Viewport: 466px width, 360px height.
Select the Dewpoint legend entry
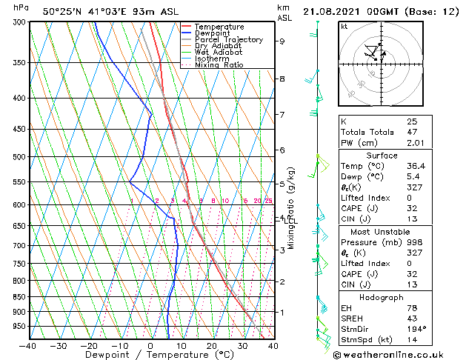tap(216, 33)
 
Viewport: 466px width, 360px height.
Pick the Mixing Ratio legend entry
tap(219, 65)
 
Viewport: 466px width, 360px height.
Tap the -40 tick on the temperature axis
tap(28, 345)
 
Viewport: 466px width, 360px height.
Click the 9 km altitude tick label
tap(282, 41)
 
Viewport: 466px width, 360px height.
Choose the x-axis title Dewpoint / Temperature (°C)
tap(150, 355)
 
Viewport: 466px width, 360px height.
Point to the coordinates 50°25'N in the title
tap(62, 11)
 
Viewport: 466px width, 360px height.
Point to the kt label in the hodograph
tap(344, 26)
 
